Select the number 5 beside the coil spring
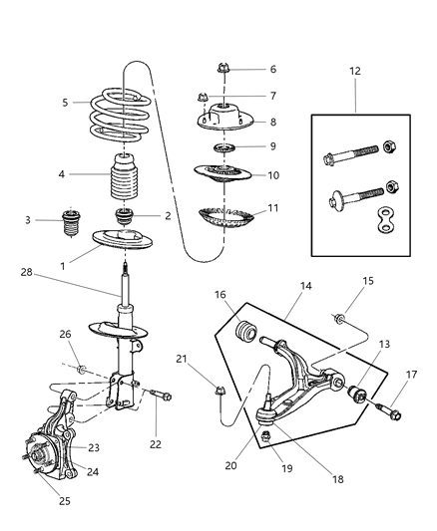pyautogui.click(x=64, y=103)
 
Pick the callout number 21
pyautogui.click(x=182, y=359)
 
